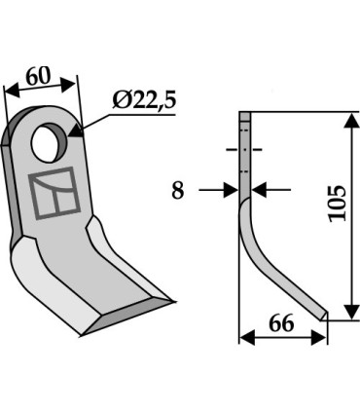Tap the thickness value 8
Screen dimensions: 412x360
pos(177,191)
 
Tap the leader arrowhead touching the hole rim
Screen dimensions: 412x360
pos(74,132)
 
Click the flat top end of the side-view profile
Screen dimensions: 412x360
pos(245,116)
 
